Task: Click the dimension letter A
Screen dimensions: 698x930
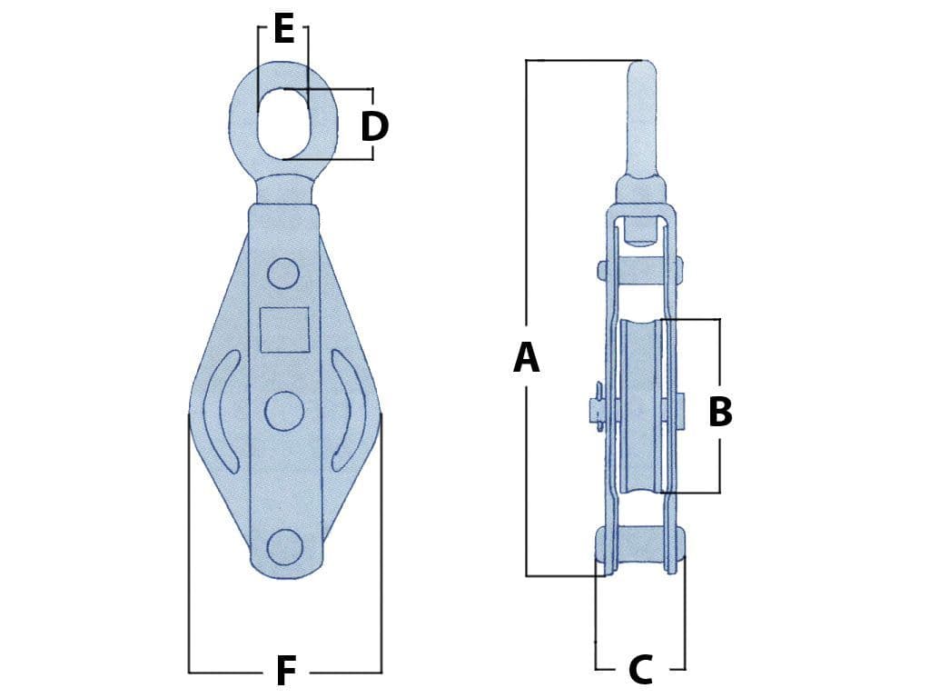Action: point(527,358)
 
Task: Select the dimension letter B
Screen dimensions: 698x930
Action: point(719,412)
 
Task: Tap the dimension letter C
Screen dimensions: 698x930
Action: point(640,671)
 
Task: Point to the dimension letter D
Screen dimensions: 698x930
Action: point(374,127)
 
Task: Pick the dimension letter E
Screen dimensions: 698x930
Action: point(283,30)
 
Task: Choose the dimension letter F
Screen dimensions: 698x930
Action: point(285,673)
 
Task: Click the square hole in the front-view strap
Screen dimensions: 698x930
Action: point(284,330)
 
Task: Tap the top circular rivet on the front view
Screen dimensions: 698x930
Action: point(284,273)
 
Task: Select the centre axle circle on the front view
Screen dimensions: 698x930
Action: point(284,411)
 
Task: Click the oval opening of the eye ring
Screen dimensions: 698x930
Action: point(283,123)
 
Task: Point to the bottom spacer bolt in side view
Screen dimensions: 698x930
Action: point(640,545)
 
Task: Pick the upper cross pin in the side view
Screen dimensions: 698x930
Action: point(640,269)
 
